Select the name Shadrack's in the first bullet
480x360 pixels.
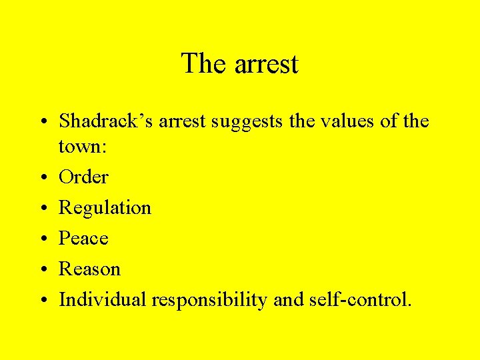click(103, 121)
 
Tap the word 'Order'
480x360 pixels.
click(83, 177)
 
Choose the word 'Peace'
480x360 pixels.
click(83, 238)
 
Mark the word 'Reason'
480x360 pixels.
click(89, 269)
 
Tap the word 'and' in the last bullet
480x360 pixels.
click(288, 299)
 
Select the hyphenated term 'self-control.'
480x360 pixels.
click(361, 299)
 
